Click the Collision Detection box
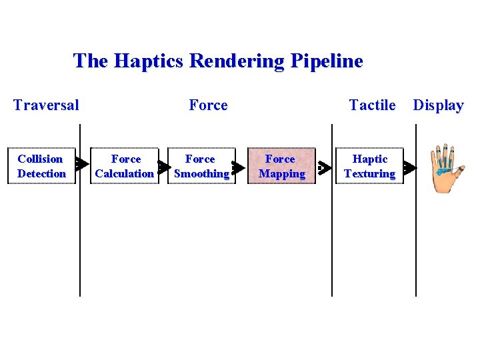pyautogui.click(x=41, y=166)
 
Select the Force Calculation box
pyautogui.click(x=125, y=166)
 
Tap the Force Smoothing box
pyautogui.click(x=201, y=166)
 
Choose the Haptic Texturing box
pyautogui.click(x=369, y=166)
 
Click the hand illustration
pyautogui.click(x=443, y=168)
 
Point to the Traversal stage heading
pyautogui.click(x=46, y=105)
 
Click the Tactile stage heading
pyautogui.click(x=372, y=105)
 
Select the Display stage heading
pyautogui.click(x=438, y=105)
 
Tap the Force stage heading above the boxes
pyautogui.click(x=208, y=105)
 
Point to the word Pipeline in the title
pyautogui.click(x=327, y=61)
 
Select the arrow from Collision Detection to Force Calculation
pyautogui.click(x=81, y=163)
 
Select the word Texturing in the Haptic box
pyautogui.click(x=369, y=174)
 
